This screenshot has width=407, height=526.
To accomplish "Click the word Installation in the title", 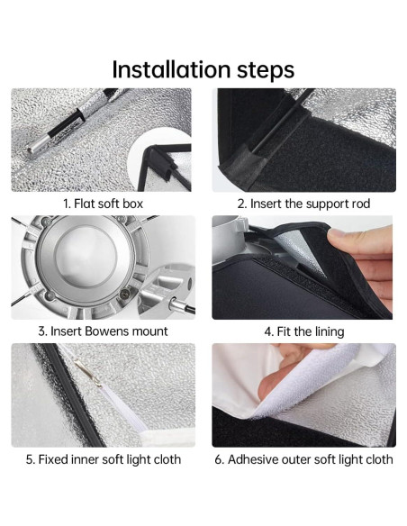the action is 171,69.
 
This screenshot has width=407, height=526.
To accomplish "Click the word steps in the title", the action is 266,71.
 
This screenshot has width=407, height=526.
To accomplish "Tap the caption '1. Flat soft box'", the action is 103,204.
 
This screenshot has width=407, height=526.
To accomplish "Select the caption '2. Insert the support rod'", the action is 303,204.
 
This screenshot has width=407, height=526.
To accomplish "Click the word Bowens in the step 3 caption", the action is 106,331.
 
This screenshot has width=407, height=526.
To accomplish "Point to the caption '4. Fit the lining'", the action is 304,331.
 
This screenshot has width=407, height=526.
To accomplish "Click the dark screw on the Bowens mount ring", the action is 125,295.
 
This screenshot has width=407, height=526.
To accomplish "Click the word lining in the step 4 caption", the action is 330,331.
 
